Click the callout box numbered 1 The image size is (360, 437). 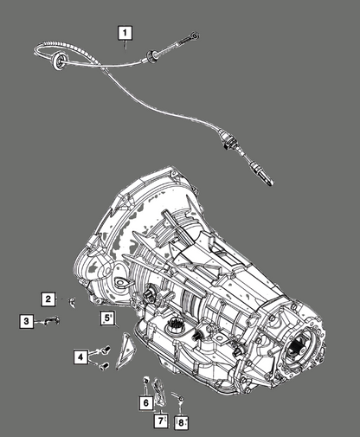click(125, 33)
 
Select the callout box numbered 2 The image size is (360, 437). click(48, 299)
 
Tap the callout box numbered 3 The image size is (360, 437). click(27, 321)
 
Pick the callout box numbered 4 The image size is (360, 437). click(80, 357)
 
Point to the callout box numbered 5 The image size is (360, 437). click(107, 318)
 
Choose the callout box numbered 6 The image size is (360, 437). click(146, 402)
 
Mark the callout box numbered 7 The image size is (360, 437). click(161, 421)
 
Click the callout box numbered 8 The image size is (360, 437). click(181, 422)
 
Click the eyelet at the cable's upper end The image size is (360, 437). click(196, 35)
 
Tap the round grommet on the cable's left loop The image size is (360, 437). click(58, 61)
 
